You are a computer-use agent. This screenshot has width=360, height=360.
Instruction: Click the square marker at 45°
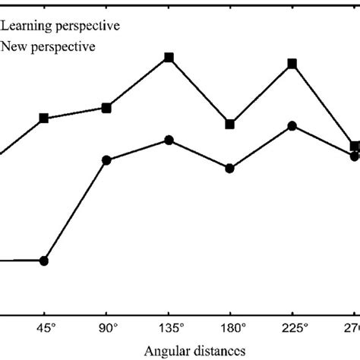click(44, 118)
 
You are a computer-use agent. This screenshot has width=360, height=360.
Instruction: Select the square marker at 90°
click(106, 109)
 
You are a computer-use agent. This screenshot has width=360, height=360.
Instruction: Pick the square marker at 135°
click(169, 58)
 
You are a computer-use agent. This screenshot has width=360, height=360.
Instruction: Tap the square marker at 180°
click(230, 125)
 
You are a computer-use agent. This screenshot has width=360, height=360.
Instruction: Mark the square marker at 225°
click(292, 65)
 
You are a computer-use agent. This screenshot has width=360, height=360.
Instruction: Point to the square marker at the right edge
click(355, 146)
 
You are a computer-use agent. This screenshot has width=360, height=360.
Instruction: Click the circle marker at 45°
click(44, 261)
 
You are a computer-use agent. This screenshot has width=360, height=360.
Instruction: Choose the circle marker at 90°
click(106, 160)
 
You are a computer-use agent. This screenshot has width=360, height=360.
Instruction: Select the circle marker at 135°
click(169, 140)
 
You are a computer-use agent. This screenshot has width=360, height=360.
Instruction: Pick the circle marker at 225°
click(292, 126)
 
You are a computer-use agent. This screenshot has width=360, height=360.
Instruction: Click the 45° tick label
click(44, 328)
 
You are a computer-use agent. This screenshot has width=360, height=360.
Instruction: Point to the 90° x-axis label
click(106, 328)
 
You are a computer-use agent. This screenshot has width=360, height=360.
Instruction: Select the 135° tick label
click(169, 328)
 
